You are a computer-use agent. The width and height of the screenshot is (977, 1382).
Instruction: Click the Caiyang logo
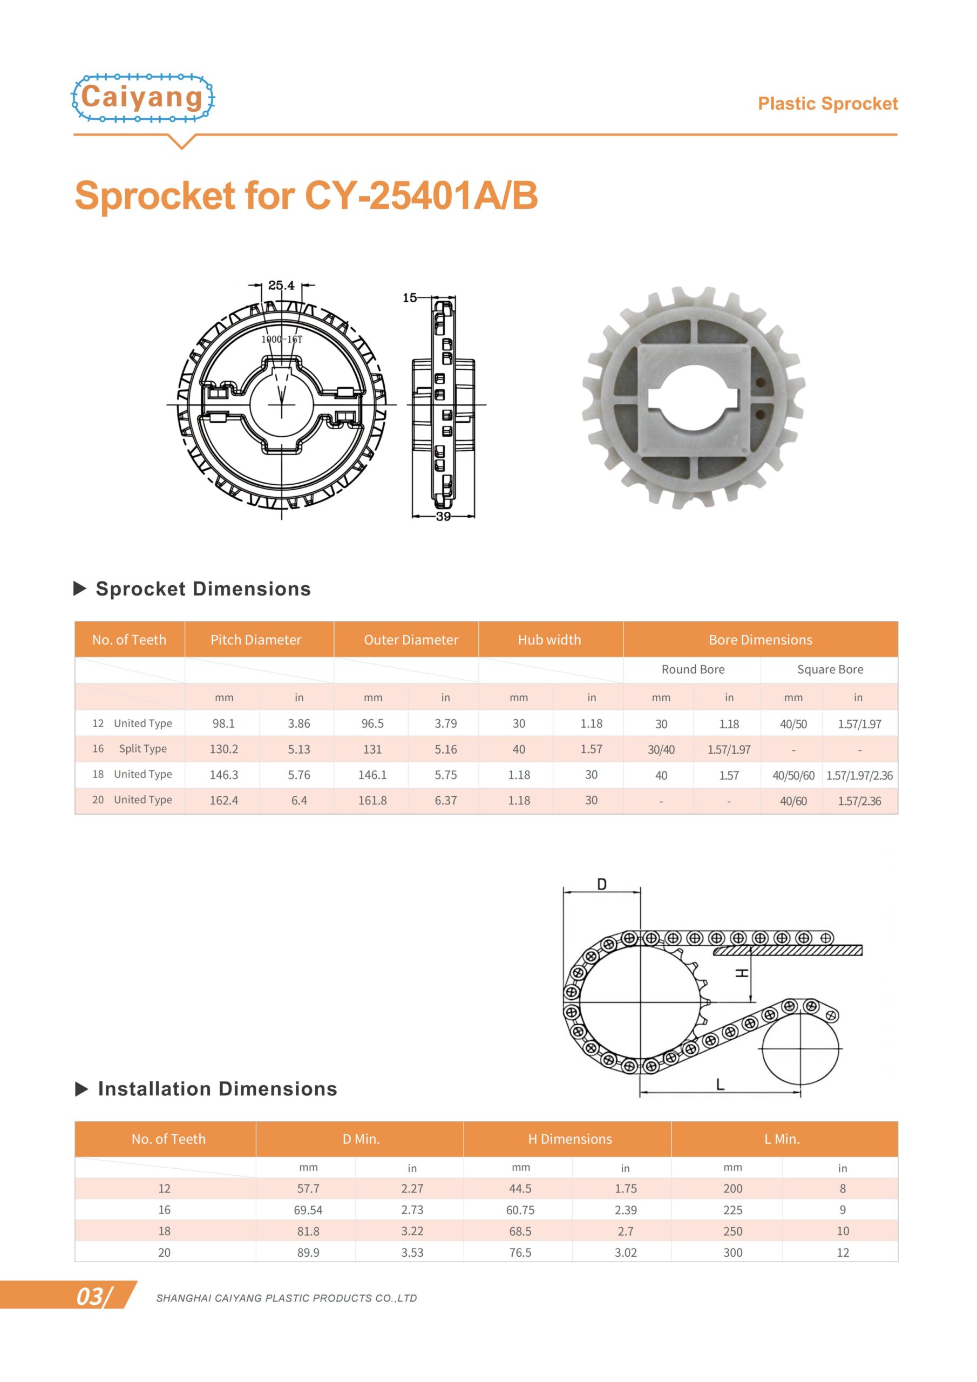tap(143, 98)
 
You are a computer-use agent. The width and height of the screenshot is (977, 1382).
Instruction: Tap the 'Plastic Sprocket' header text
tap(827, 104)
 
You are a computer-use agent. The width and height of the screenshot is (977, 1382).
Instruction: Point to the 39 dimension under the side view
tap(443, 516)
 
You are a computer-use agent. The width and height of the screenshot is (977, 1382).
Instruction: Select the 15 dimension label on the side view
tap(409, 297)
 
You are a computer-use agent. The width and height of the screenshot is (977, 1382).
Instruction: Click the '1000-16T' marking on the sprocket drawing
tap(282, 339)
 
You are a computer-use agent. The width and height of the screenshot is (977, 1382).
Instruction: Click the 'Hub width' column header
tap(549, 639)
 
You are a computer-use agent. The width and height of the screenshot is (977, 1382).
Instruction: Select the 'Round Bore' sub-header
tap(693, 669)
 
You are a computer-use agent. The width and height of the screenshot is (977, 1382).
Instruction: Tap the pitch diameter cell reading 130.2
tap(224, 749)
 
